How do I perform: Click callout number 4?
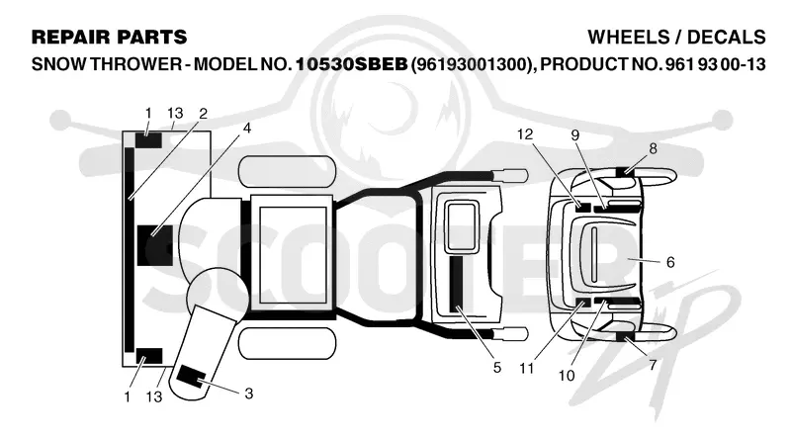(246, 129)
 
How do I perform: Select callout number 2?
(204, 114)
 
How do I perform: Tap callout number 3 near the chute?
(249, 394)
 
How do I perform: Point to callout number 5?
(497, 368)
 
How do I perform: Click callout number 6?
(670, 262)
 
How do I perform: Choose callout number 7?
(653, 364)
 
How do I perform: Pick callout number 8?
(654, 149)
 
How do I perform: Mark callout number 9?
(575, 134)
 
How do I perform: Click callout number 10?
(567, 376)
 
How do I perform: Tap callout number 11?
(527, 369)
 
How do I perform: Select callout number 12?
(525, 134)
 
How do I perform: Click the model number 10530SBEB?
(351, 64)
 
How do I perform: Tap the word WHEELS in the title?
(628, 37)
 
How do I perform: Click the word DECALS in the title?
(727, 37)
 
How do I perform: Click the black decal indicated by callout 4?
(155, 245)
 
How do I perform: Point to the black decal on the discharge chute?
(190, 377)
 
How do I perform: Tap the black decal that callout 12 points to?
(583, 207)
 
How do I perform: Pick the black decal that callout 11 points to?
(583, 303)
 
